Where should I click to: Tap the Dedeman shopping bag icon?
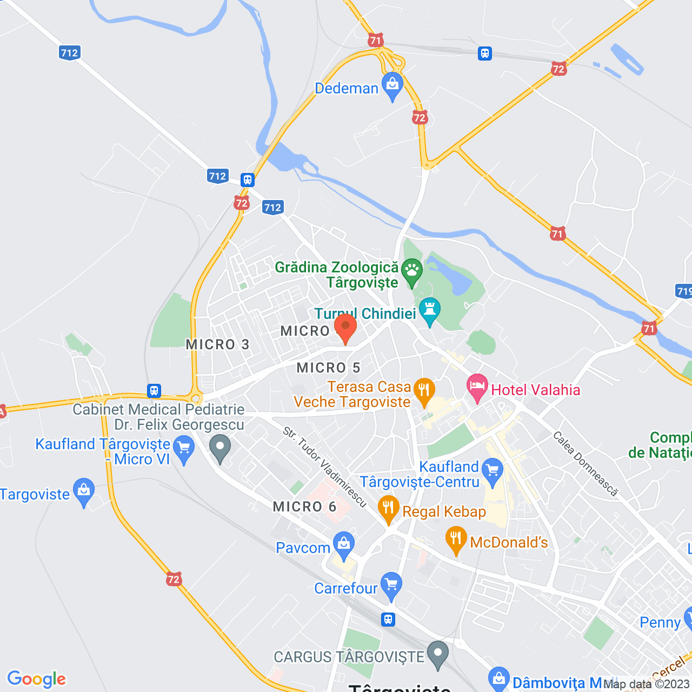coord(392,85)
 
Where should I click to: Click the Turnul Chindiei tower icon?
coord(430,310)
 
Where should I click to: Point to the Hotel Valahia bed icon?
coord(477,387)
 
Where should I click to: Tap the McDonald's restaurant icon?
coord(456,539)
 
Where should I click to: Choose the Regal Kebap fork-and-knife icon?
coord(388,508)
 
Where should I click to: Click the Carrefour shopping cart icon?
coord(391,585)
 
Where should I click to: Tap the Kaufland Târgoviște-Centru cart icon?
coord(493,470)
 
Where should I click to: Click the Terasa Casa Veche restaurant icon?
coord(424,390)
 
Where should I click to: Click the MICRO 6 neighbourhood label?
coord(304,507)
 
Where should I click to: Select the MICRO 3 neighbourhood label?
coord(217,344)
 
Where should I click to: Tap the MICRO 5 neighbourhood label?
coord(328,368)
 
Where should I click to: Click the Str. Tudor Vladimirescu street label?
coord(325,467)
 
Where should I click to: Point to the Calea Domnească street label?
coord(585,463)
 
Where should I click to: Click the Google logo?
coord(36,678)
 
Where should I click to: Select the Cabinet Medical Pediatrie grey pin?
coord(220,449)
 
